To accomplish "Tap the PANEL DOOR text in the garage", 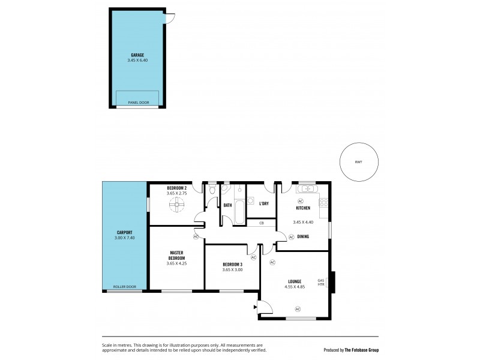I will point(137,102).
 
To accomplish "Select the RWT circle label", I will point(358,161).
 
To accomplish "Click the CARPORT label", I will point(124,233).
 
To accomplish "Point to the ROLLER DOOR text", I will point(124,287).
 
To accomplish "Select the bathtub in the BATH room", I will point(238,212).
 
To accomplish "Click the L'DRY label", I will point(264,204).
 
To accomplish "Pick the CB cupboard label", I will point(262,223).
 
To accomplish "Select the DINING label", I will point(303,236).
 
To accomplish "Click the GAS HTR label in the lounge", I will point(321,282).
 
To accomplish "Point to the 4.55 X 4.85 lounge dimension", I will point(294,287).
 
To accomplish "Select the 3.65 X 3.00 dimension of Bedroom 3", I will point(232,270).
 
